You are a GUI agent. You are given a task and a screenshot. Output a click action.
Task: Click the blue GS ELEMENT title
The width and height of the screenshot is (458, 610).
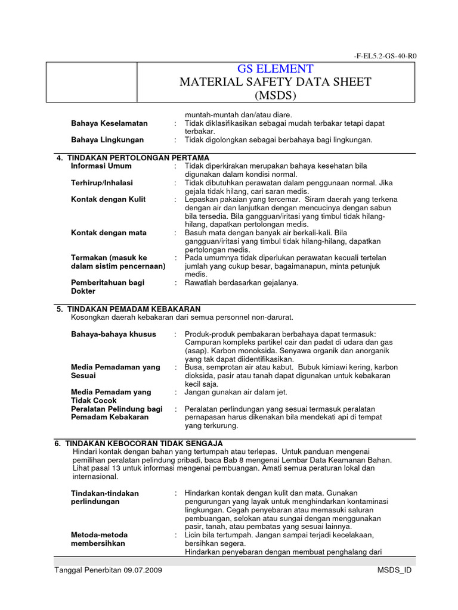(275, 69)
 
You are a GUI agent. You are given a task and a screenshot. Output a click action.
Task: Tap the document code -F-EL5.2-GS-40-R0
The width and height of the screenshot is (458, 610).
(385, 56)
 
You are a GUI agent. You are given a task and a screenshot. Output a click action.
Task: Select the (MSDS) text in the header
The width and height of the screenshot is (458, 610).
(275, 95)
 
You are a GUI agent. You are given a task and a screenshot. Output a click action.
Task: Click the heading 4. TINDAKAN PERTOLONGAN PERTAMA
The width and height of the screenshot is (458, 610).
(132, 157)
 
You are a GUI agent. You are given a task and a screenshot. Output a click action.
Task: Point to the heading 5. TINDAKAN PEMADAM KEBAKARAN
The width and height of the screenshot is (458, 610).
(128, 309)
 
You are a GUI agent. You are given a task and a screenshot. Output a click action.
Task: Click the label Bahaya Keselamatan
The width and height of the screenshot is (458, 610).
(109, 123)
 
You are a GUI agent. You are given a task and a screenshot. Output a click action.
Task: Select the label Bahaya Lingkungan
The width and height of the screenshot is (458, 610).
(107, 140)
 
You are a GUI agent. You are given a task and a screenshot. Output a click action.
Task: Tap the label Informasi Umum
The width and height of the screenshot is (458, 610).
(101, 166)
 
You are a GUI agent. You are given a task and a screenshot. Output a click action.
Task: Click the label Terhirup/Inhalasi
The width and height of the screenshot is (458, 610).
(102, 183)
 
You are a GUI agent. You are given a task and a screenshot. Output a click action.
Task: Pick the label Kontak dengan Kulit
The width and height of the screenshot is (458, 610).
(108, 199)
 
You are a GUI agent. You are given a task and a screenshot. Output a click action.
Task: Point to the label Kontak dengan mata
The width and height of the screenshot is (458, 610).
(109, 232)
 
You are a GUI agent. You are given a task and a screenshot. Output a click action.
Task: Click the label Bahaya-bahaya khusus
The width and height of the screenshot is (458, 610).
(113, 334)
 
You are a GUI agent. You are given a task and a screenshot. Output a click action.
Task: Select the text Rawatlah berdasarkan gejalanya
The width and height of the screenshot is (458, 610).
(242, 282)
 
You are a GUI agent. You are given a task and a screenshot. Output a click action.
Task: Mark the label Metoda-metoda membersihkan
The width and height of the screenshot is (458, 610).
(99, 539)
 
